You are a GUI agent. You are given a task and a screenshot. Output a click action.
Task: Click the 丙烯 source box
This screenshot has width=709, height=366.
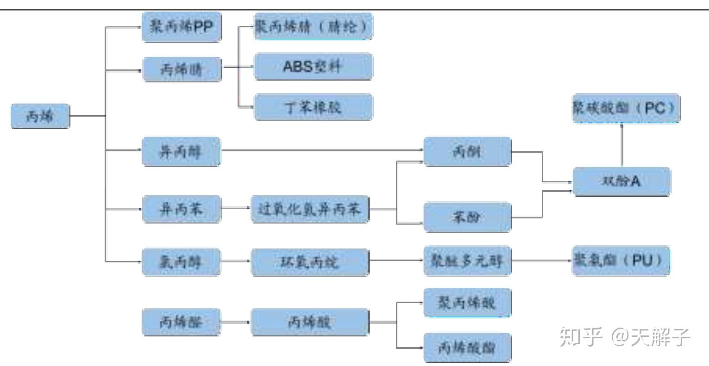pyautogui.click(x=40, y=116)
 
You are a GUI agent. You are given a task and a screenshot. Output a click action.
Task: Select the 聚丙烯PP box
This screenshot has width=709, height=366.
pyautogui.click(x=182, y=27)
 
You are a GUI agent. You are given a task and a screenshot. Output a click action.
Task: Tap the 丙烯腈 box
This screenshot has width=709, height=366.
pyautogui.click(x=182, y=69)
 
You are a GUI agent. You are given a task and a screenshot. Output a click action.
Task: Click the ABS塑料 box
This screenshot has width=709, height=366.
pyautogui.click(x=313, y=66)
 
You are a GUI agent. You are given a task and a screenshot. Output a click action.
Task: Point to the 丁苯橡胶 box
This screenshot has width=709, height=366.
pyautogui.click(x=313, y=107)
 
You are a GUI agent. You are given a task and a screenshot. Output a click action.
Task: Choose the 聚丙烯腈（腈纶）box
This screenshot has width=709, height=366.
pyautogui.click(x=313, y=26)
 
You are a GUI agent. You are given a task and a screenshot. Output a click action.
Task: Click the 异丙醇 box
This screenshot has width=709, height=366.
pyautogui.click(x=182, y=151)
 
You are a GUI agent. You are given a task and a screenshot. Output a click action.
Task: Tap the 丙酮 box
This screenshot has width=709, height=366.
pyautogui.click(x=467, y=151)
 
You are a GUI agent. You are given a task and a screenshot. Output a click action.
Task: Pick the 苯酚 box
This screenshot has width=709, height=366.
pyautogui.click(x=467, y=217)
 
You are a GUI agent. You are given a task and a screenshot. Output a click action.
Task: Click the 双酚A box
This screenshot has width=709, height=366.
pyautogui.click(x=621, y=181)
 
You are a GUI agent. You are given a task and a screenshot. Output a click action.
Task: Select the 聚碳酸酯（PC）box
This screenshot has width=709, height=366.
pyautogui.click(x=626, y=108)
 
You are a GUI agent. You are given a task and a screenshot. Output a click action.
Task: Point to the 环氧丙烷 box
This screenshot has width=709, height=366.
pyautogui.click(x=309, y=262)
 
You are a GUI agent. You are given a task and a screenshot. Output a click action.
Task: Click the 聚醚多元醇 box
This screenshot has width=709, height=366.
pyautogui.click(x=467, y=261)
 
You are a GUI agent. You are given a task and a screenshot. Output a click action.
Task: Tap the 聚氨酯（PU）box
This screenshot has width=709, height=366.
pyautogui.click(x=621, y=261)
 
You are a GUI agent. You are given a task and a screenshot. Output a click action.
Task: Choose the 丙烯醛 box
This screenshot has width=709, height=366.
pyautogui.click(x=182, y=322)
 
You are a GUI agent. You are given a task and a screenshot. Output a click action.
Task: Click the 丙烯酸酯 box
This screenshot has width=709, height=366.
pyautogui.click(x=467, y=347)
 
